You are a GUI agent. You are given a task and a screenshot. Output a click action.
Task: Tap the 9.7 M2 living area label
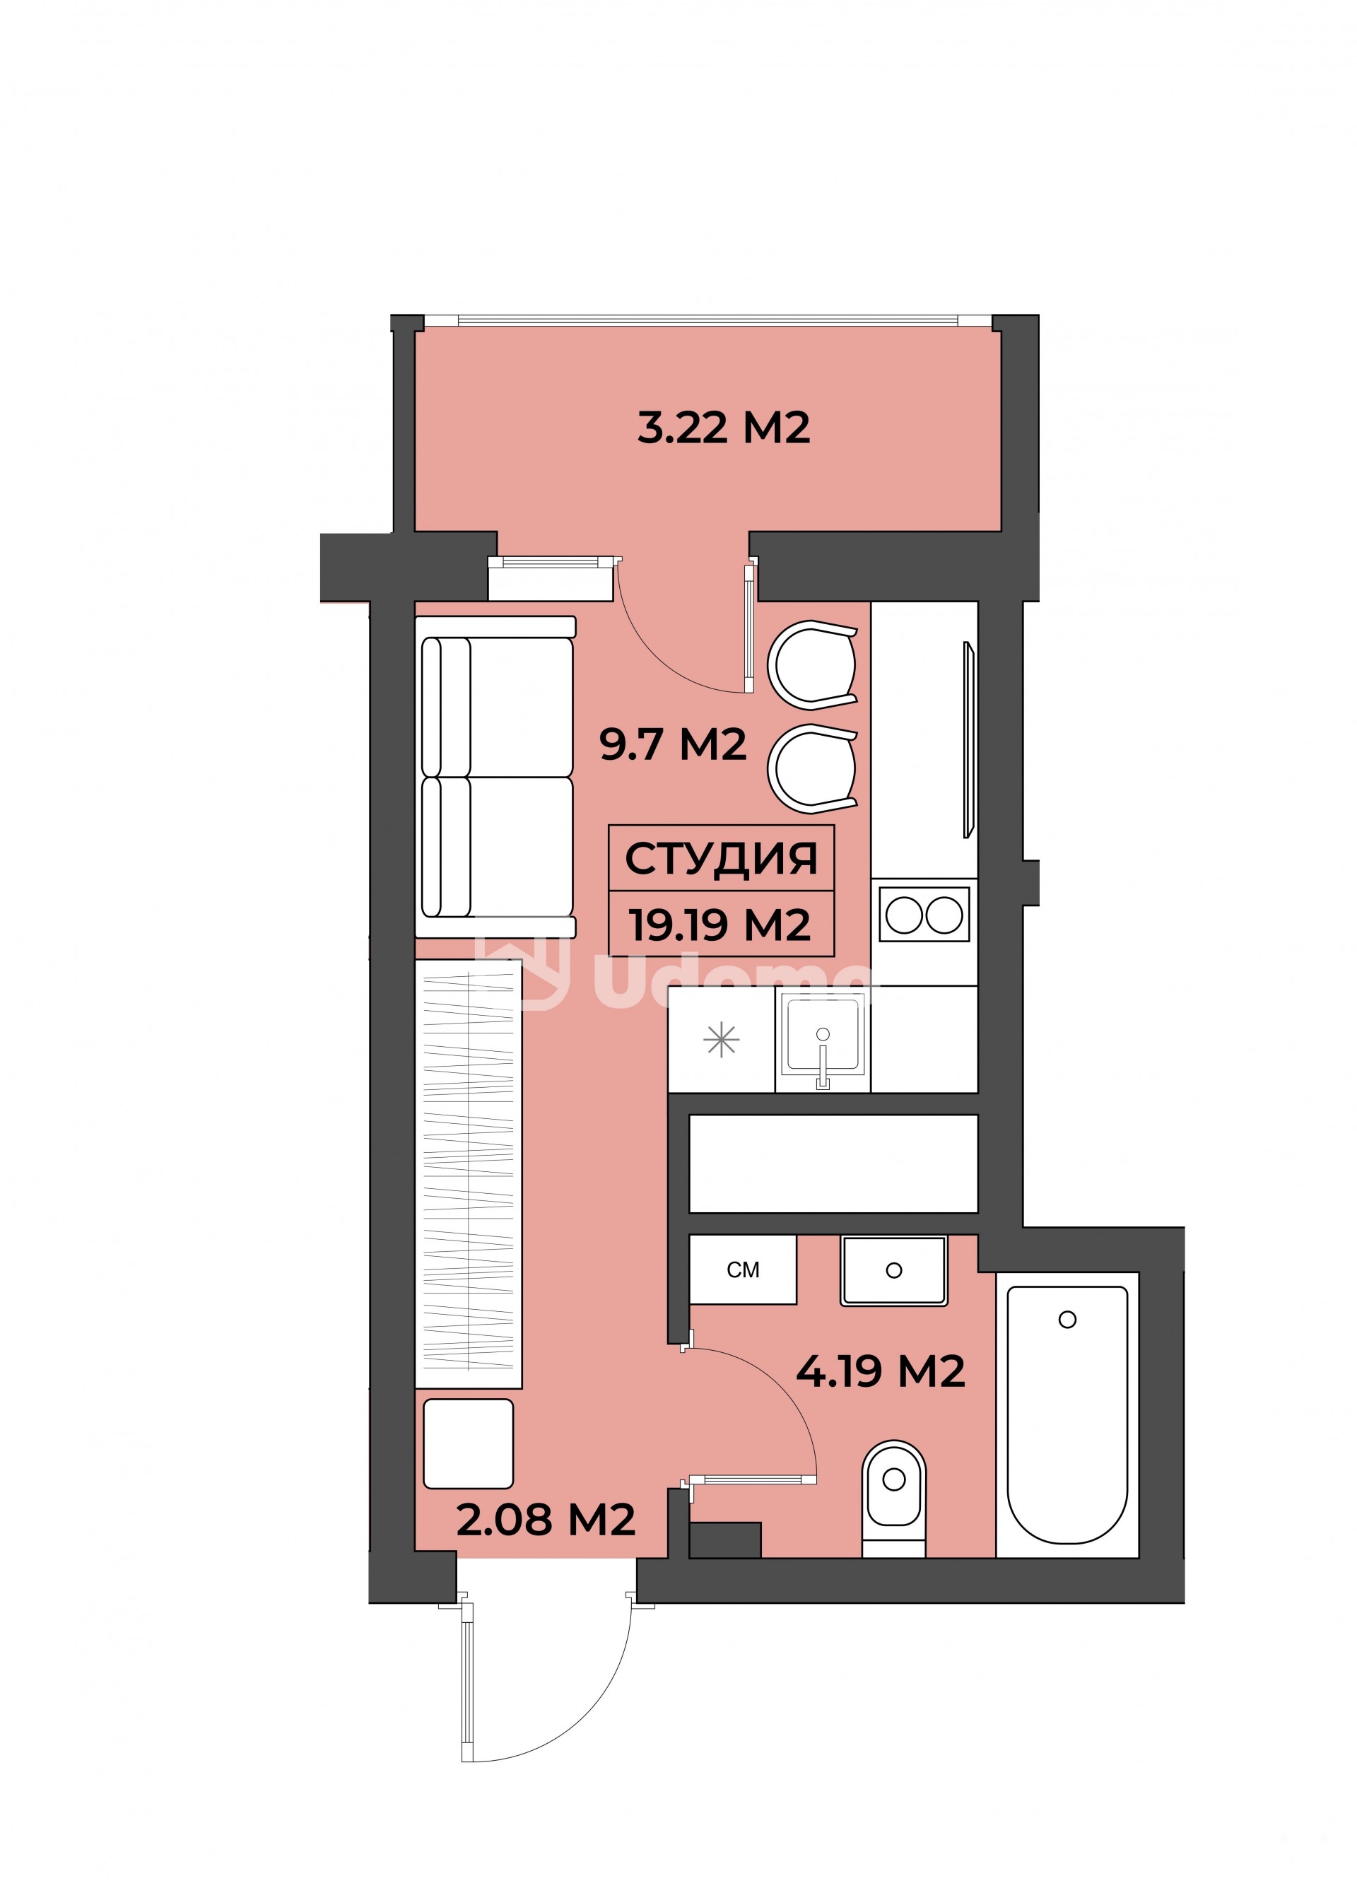click(x=673, y=744)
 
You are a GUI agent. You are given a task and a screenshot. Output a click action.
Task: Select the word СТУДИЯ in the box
click(x=721, y=858)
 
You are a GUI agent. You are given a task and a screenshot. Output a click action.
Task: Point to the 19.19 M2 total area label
click(x=719, y=924)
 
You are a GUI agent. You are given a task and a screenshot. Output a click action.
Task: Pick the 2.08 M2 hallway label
click(x=546, y=1519)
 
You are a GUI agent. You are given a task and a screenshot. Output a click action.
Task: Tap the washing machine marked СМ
click(x=743, y=1269)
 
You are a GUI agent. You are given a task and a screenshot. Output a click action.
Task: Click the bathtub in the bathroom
click(x=1067, y=1414)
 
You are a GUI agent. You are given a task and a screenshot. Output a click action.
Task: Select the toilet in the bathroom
click(x=893, y=1499)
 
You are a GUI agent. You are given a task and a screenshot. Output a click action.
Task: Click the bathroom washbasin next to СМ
click(x=893, y=1270)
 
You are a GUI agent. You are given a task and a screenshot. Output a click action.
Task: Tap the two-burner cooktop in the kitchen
click(x=924, y=915)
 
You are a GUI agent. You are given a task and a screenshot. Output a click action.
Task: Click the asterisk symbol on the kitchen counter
click(x=721, y=1040)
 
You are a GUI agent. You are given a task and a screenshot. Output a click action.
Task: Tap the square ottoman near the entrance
click(x=468, y=1443)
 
